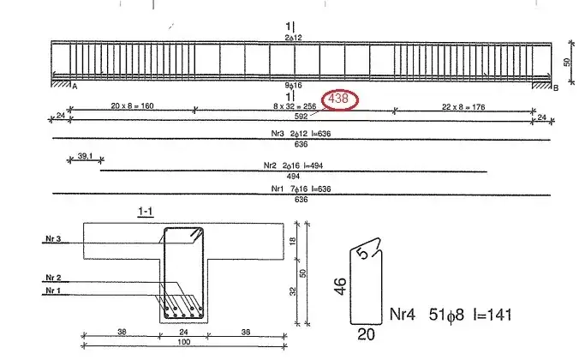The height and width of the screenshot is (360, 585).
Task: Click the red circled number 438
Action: click(x=339, y=99)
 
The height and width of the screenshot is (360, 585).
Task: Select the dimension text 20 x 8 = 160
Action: click(x=132, y=105)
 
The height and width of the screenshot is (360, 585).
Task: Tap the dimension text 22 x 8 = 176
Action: click(x=463, y=107)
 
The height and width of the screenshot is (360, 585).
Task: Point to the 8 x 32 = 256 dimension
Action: click(x=295, y=106)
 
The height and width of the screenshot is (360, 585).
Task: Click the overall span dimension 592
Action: click(x=301, y=116)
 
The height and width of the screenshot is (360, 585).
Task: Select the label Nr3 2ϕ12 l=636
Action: click(x=301, y=134)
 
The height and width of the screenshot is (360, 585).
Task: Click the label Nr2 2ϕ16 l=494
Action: click(x=293, y=165)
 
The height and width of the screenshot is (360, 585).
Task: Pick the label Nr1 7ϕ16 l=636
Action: click(x=301, y=189)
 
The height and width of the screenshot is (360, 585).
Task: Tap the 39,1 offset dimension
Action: click(x=85, y=156)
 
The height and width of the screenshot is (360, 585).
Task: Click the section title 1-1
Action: click(x=146, y=212)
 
